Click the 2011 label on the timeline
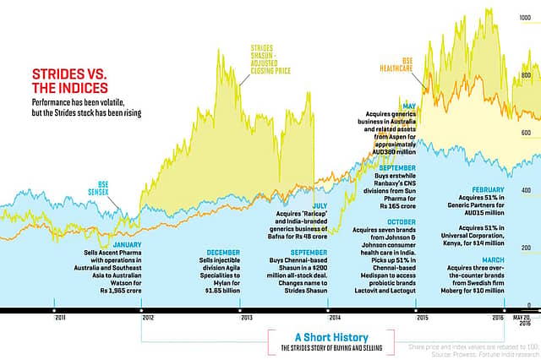click(x=60, y=318)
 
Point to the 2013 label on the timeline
click(x=247, y=318)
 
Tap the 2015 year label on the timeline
click(x=422, y=318)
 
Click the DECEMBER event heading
click(x=222, y=252)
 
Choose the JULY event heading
click(x=320, y=205)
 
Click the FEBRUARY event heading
click(x=489, y=189)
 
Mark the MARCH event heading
click(x=494, y=259)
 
